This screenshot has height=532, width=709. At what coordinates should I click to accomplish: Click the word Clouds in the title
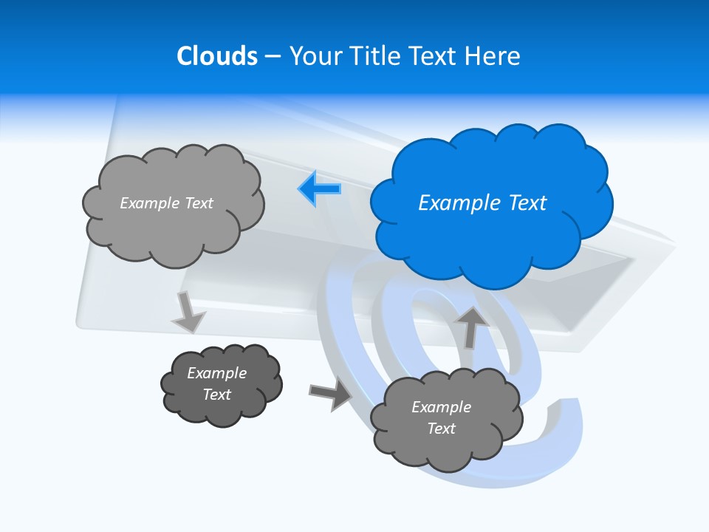point(217,56)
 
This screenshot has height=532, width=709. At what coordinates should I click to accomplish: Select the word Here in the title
point(494,56)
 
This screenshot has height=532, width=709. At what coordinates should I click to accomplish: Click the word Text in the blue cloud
point(527,203)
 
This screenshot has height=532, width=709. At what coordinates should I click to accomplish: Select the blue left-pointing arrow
point(320,188)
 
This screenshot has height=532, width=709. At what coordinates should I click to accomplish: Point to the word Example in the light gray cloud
point(148,203)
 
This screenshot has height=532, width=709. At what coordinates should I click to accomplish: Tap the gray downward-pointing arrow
point(188,313)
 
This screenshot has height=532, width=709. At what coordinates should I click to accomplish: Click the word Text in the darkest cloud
point(217,395)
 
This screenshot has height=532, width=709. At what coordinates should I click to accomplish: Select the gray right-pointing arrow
point(329,395)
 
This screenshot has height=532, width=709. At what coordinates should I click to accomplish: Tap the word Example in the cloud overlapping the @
point(441,407)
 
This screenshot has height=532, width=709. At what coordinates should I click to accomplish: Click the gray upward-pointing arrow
point(471,326)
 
